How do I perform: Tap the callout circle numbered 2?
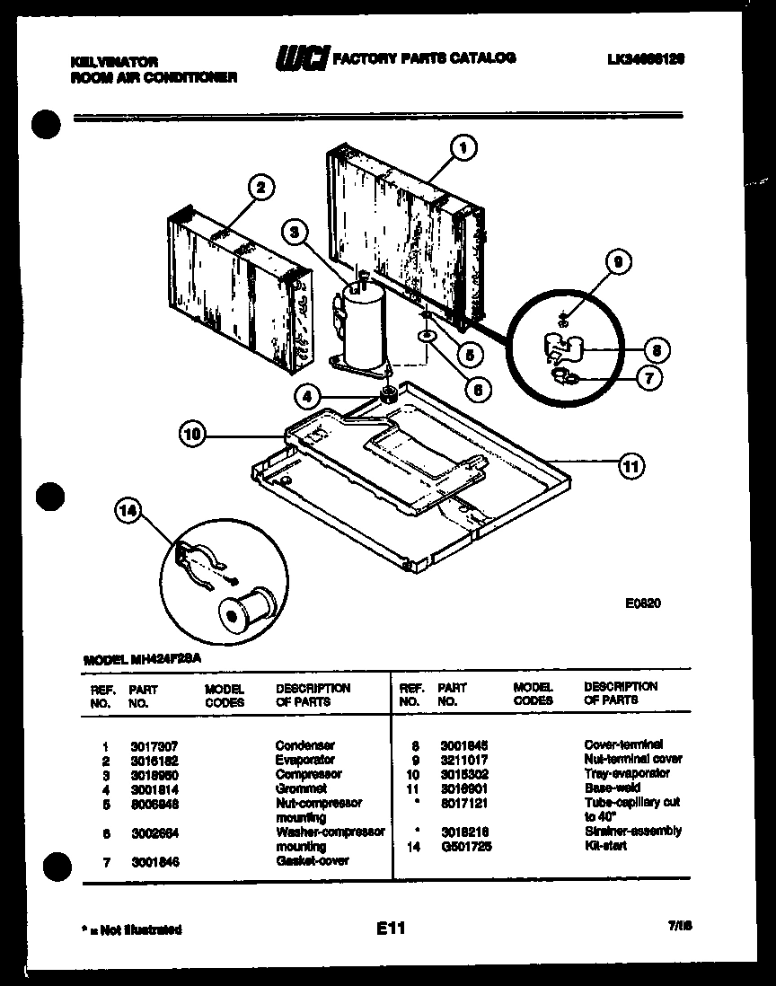tap(260, 188)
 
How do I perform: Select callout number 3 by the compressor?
tap(294, 232)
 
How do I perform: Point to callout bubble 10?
tap(192, 436)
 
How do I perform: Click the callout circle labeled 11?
tap(630, 465)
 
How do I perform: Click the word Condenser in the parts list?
tap(304, 745)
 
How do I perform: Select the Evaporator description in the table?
tap(304, 760)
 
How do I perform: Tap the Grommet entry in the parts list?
tap(301, 788)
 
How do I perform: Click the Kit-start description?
tap(606, 846)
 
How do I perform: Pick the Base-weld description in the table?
tap(612, 788)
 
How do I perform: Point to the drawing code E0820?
tap(643, 604)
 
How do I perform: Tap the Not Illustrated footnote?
tap(135, 929)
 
